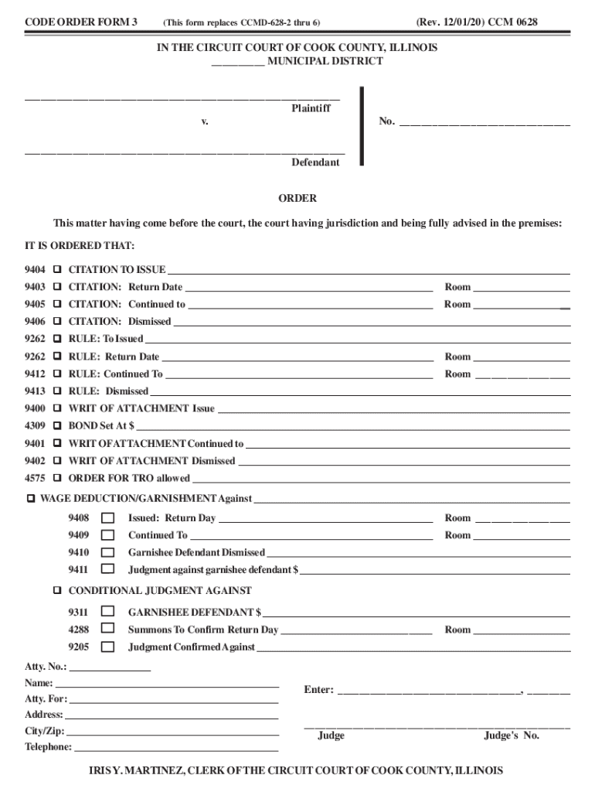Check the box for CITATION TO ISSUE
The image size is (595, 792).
coord(57,270)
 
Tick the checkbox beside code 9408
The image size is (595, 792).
coord(107,518)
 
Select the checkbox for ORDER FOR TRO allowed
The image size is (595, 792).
coord(57,478)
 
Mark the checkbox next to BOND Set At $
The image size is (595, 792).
coord(57,425)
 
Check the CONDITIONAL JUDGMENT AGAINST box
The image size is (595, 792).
coord(57,590)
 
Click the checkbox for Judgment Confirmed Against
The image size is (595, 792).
coord(107,647)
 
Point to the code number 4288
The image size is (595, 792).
coord(78,630)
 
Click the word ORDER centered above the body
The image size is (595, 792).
coord(297,199)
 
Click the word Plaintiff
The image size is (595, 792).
coord(311,108)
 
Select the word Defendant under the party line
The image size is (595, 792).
coord(315,162)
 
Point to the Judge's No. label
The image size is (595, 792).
coord(512,736)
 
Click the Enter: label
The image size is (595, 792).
coord(318,690)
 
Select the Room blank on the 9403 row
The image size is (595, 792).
coord(522,288)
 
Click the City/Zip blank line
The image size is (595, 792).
coord(173,731)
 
